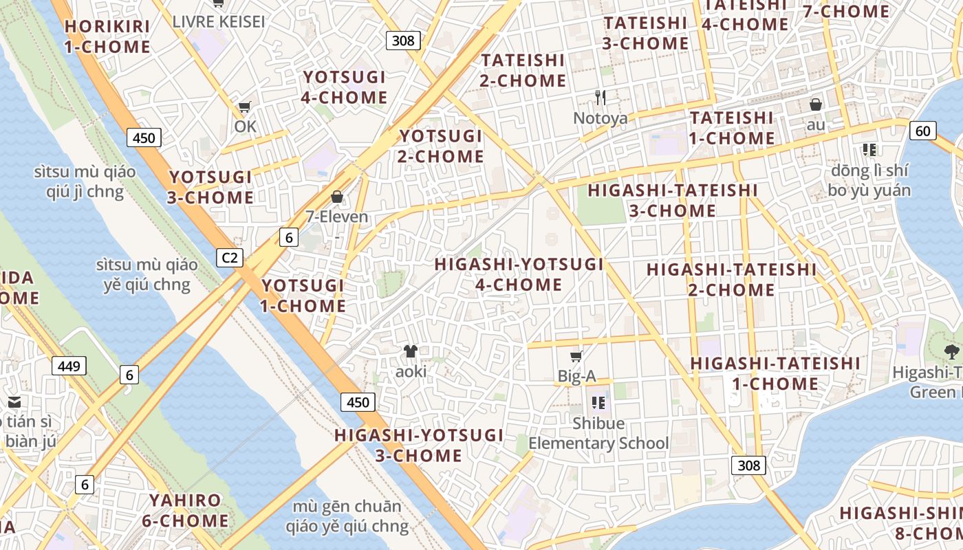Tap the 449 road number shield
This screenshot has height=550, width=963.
point(69,366)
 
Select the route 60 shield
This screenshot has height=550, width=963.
point(923,131)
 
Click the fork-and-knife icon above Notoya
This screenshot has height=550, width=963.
point(600,98)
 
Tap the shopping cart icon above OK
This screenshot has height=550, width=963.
point(244,107)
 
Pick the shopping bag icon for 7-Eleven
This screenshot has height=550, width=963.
point(337,197)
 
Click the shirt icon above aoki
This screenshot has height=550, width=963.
point(411,351)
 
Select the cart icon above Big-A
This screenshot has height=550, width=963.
point(576,356)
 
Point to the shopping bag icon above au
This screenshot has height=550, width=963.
point(816,104)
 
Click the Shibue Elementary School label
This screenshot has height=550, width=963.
point(598,433)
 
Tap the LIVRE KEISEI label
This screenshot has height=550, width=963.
point(218,21)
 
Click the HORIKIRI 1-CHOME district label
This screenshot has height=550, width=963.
point(107,37)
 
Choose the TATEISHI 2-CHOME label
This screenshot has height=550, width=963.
point(523,71)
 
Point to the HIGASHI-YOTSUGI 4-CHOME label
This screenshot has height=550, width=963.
point(519,274)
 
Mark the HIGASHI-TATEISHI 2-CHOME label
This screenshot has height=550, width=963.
point(731,280)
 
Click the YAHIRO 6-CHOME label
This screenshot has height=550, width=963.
point(185,510)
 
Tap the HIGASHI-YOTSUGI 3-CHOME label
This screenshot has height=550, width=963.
point(419,445)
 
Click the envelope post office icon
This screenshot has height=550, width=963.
point(14,402)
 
